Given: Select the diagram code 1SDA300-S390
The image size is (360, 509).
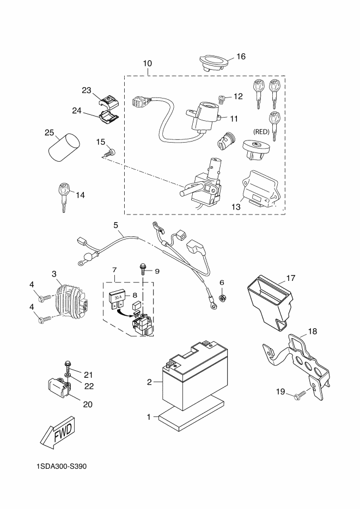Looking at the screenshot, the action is click(x=62, y=467).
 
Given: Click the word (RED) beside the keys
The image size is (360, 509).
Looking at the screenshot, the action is click(x=261, y=132).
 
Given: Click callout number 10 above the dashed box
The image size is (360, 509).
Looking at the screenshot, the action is click(x=148, y=63).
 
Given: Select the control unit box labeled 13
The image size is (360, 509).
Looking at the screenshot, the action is click(x=260, y=189).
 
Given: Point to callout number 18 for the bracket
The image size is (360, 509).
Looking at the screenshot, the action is click(x=313, y=332).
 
